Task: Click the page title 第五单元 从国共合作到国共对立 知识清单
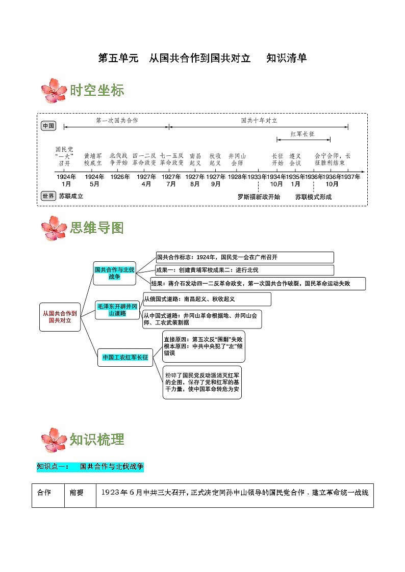tap(202, 58)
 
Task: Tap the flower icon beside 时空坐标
tap(54, 91)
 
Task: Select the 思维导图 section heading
tap(97, 228)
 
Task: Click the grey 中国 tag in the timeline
tap(48, 126)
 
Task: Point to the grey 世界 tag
tap(48, 196)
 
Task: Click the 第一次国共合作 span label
tap(117, 121)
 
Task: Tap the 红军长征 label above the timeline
tap(303, 134)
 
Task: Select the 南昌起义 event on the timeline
tap(195, 159)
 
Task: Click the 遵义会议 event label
tap(295, 159)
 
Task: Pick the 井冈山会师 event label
tap(237, 159)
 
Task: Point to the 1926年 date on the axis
tap(120, 177)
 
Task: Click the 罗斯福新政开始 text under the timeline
tap(259, 197)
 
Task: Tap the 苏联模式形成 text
tap(313, 197)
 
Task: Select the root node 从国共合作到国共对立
tap(60, 317)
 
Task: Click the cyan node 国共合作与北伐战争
tap(114, 273)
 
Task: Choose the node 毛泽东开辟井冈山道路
tap(117, 310)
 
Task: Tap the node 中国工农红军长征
tap(125, 358)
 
